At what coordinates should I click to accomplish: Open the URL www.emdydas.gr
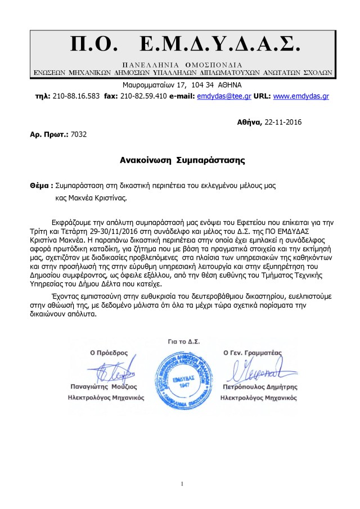tap(301, 96)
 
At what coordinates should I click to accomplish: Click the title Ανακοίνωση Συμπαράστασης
tap(183, 160)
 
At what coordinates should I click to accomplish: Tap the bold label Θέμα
tap(42, 185)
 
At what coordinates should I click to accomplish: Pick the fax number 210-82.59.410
tap(143, 96)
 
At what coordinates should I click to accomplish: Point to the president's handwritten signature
tap(111, 371)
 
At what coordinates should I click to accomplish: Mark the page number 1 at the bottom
tap(183, 484)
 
